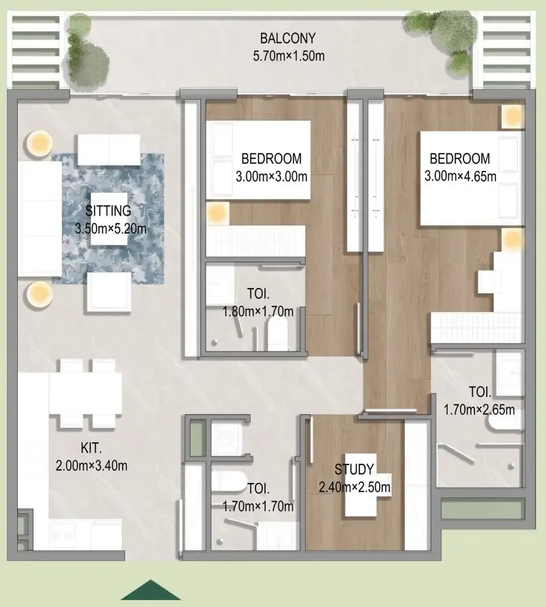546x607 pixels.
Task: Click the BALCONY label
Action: coord(288,39)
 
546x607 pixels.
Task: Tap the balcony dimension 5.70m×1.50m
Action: coord(288,56)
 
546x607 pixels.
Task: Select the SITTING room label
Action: coord(108,211)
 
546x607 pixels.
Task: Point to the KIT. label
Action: coord(91,449)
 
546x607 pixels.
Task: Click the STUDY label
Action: coord(354,470)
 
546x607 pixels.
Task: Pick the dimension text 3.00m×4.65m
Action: coord(460,176)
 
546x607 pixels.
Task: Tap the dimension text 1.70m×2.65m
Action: coord(479,409)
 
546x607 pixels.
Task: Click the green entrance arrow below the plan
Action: coord(151,590)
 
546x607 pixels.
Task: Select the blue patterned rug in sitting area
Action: coord(108,219)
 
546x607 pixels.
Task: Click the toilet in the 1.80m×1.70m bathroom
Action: coord(278,333)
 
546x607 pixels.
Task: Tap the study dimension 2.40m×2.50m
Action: coord(355,487)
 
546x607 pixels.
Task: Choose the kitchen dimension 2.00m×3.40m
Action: coord(92,466)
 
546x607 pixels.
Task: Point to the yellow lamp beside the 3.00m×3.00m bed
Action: coord(217,213)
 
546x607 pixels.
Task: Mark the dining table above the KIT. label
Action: coord(85,393)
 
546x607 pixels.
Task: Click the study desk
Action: coord(361,484)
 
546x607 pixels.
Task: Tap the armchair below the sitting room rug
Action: coord(109,292)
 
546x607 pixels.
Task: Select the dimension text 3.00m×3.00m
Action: coord(272,176)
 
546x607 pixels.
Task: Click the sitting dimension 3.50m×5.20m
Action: coord(111,229)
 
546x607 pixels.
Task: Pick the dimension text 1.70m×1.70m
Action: coord(258,506)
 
